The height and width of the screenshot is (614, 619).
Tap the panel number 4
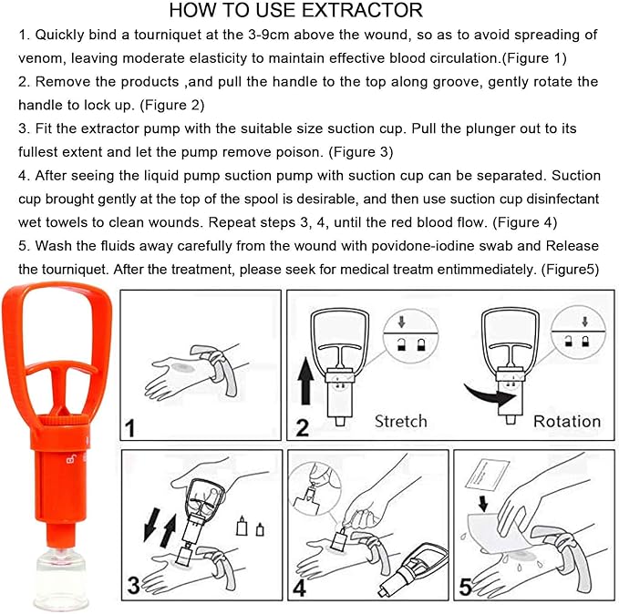pos(299,587)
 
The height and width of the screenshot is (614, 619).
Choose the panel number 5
pos(465,587)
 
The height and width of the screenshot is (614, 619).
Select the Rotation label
pos(567,422)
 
